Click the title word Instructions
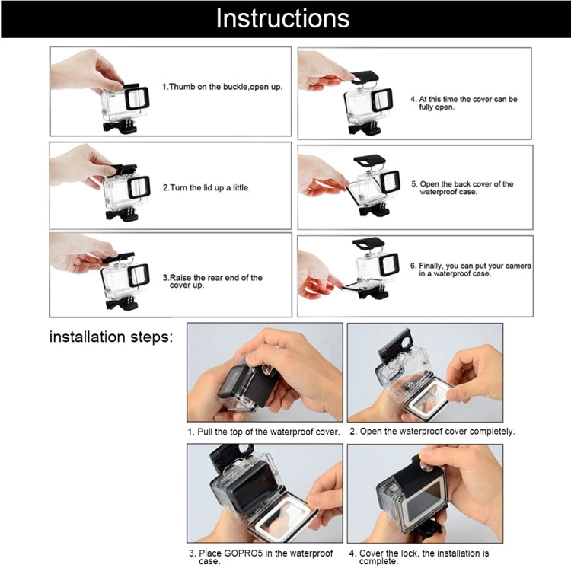coord(282,18)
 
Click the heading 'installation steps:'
coord(111,336)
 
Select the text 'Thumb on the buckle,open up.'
coord(222,87)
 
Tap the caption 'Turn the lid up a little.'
coord(206,187)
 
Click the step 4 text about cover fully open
coord(464,104)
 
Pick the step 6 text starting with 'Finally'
coord(470,270)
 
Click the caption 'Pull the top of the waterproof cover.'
coord(264,432)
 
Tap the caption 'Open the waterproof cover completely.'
coord(432,432)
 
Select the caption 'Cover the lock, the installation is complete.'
coord(419,557)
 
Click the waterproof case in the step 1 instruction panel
coord(123,107)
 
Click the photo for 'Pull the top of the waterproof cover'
coord(264,372)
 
